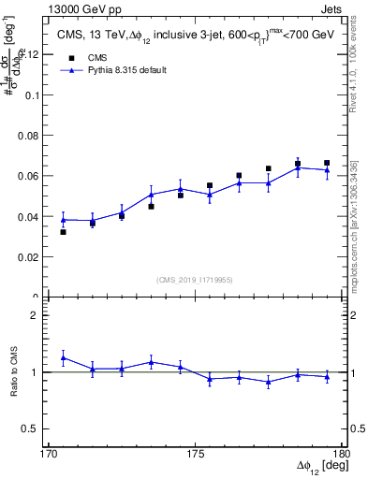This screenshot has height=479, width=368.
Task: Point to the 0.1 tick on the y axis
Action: [x=31, y=94]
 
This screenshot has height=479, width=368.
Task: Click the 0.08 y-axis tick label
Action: [x=28, y=136]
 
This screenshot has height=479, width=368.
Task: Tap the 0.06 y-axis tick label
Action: [x=28, y=176]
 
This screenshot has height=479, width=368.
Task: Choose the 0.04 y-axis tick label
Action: [x=28, y=216]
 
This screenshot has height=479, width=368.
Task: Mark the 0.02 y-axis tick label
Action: [x=28, y=256]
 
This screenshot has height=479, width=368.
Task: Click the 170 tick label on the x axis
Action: [x=49, y=452]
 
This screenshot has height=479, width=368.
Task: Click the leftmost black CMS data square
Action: [x=63, y=231]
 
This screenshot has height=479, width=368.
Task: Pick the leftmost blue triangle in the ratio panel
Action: [x=63, y=357]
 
